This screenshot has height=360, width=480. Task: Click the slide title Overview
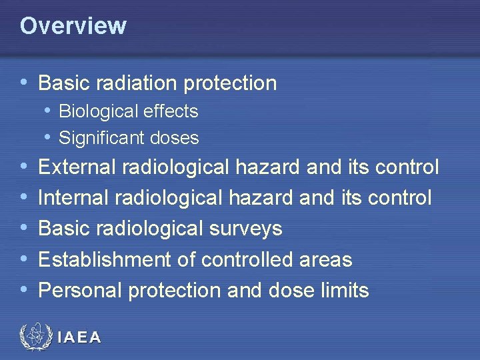(x=73, y=26)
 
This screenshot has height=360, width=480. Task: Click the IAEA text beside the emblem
(x=79, y=338)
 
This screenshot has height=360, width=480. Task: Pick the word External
(x=74, y=167)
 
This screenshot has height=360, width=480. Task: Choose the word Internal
(x=71, y=197)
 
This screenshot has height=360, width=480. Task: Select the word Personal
(x=80, y=291)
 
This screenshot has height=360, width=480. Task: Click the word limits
(x=344, y=291)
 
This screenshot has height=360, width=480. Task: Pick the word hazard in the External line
(x=268, y=167)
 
